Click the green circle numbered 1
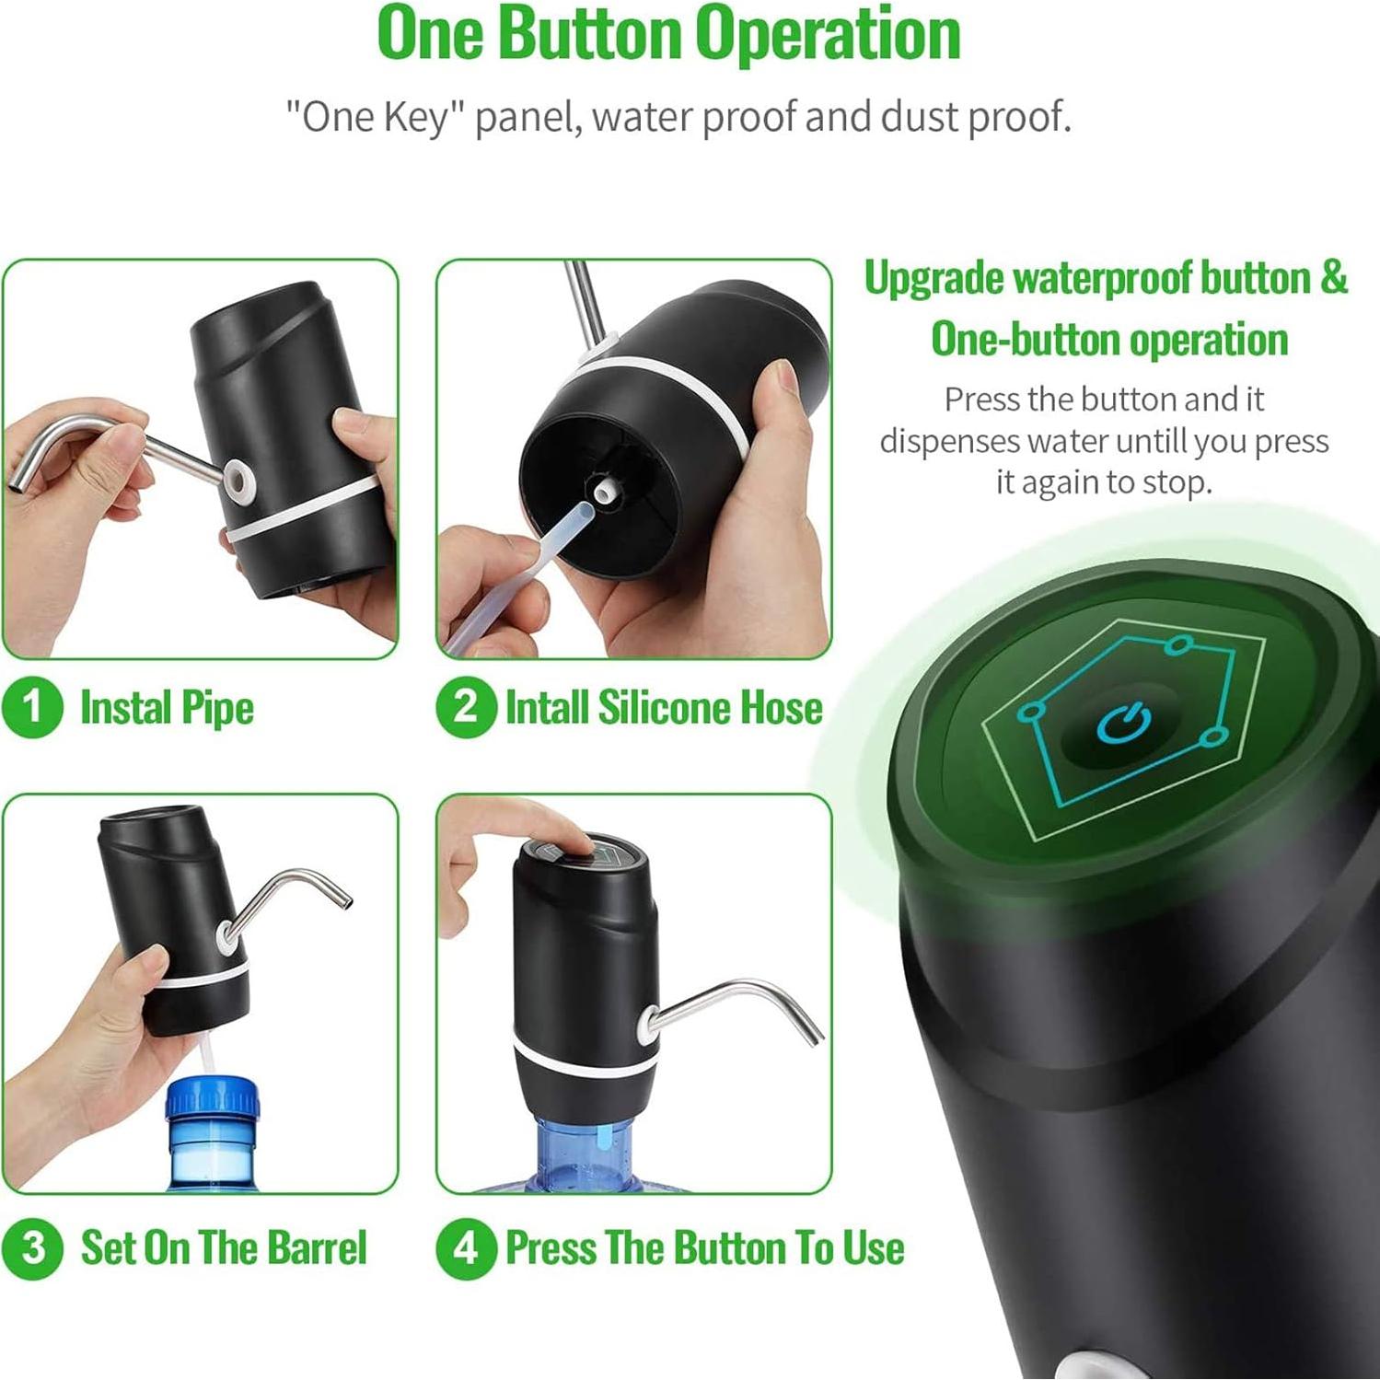32,707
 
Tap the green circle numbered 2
466,707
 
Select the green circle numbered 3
32,1248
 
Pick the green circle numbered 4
466,1248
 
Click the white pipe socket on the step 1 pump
239,480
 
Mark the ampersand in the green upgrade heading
1333,278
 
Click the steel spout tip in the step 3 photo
344,901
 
